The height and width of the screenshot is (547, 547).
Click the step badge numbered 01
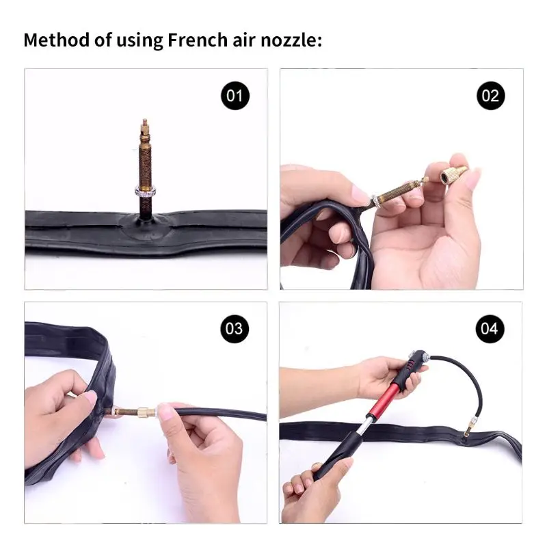[x=235, y=95]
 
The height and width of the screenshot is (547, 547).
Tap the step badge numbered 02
[x=490, y=95]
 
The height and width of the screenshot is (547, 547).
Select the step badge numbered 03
[x=235, y=328]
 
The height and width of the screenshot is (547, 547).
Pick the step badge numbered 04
[x=490, y=328]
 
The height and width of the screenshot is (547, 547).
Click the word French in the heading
[x=195, y=40]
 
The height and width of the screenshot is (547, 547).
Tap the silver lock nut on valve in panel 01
[x=144, y=191]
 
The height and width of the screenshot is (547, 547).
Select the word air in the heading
[x=243, y=40]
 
